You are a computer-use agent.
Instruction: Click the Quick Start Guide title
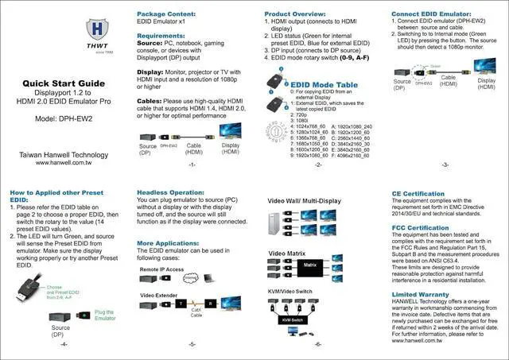63,83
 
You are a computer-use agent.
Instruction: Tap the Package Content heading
167,14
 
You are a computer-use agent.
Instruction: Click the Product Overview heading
297,14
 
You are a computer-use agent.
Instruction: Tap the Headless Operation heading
171,192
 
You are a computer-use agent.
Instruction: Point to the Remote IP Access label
161,270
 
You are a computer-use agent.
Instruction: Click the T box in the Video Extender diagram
182,304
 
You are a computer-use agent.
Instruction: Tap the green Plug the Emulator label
104,315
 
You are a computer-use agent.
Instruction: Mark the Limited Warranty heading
422,294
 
